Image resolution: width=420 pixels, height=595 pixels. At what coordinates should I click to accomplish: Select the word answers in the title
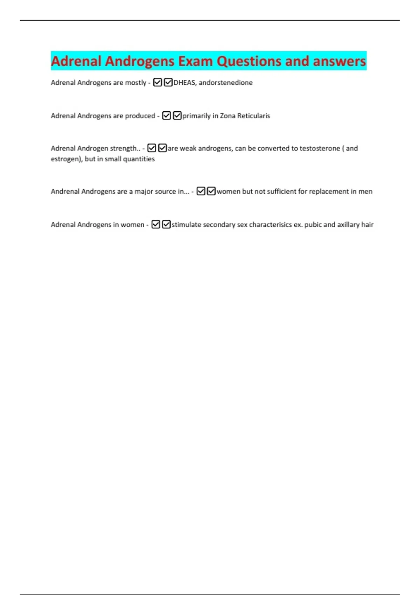pos(339,61)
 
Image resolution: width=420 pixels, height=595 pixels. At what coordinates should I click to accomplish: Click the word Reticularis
pos(253,116)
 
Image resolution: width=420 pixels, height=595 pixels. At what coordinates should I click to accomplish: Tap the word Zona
pos(227,116)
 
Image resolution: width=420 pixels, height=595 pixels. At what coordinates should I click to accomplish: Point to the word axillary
pos(348,225)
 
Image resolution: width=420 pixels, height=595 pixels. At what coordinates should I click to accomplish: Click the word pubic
pos(313,225)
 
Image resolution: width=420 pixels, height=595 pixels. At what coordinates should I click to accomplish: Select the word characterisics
pos(270,225)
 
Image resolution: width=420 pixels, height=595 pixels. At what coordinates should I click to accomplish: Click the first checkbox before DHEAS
pos(157,83)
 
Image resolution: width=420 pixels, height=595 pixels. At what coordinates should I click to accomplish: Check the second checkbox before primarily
pos(177,115)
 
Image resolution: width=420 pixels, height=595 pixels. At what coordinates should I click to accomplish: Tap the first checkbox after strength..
pos(152,148)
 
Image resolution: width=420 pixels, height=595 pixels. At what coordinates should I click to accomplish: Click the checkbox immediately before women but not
pos(211,191)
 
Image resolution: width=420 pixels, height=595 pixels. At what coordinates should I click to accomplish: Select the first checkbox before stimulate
pos(156,224)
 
